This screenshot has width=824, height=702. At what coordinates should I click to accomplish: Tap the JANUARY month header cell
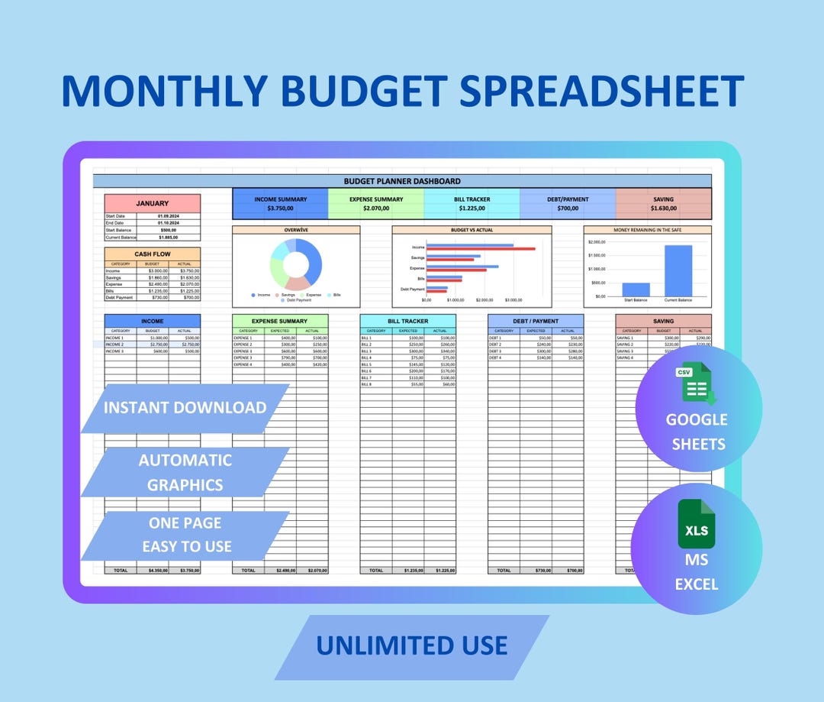click(153, 204)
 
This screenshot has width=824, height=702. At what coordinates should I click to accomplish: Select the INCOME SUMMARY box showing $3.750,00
click(280, 203)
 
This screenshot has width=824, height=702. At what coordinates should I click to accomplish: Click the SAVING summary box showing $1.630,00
click(663, 203)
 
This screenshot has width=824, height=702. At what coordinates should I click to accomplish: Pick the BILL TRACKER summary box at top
click(472, 203)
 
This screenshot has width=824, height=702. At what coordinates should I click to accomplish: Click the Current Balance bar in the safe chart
click(678, 271)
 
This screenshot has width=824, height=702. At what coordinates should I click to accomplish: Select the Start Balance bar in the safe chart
click(636, 290)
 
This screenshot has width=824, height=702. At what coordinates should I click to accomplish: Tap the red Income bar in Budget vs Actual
click(481, 249)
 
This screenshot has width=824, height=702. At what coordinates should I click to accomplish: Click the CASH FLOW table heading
click(153, 254)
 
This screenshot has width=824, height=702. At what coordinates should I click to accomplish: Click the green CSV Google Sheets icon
click(696, 386)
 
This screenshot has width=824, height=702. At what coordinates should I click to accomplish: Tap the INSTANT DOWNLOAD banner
click(185, 408)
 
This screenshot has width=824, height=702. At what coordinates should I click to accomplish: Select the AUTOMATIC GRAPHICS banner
click(185, 472)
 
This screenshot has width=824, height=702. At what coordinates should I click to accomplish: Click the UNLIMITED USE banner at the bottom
click(412, 646)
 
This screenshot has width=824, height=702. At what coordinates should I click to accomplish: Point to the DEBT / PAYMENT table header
click(536, 321)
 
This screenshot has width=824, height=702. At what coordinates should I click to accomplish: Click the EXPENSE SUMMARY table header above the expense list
click(280, 321)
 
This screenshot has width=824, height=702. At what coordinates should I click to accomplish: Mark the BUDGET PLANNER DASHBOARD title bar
click(402, 181)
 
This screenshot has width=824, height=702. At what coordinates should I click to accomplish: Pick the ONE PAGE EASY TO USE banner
click(185, 535)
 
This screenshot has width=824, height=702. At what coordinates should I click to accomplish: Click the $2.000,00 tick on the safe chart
click(596, 242)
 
